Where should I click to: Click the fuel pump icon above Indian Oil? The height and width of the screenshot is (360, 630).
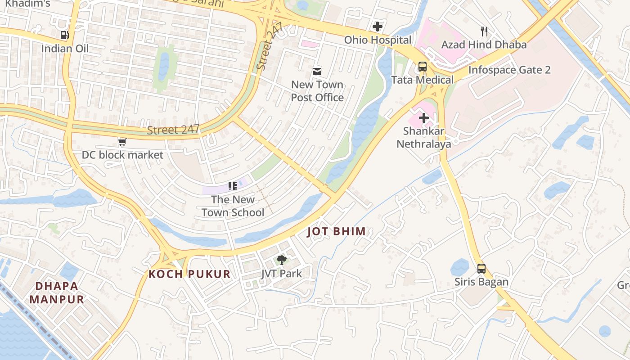pyautogui.click(x=65, y=35)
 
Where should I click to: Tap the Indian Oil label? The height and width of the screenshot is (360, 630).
pyautogui.click(x=65, y=48)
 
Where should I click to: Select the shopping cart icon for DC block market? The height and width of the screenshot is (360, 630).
pyautogui.click(x=121, y=142)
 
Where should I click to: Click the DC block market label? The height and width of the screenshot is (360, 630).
pyautogui.click(x=122, y=155)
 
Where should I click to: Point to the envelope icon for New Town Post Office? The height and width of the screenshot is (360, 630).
pyautogui.click(x=317, y=71)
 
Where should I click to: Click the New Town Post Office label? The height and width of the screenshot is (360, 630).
pyautogui.click(x=317, y=91)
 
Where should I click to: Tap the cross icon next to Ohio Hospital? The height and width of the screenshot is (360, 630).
pyautogui.click(x=378, y=27)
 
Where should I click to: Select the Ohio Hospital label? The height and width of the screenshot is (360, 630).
pyautogui.click(x=378, y=40)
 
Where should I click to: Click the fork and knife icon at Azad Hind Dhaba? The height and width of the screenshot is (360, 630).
pyautogui.click(x=484, y=31)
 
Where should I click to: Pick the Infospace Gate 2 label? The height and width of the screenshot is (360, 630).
pyautogui.click(x=509, y=70)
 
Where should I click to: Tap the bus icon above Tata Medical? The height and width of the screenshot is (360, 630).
pyautogui.click(x=422, y=67)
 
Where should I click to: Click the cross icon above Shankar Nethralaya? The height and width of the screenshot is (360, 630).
pyautogui.click(x=423, y=118)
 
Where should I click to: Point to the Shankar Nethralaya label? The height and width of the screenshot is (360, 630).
pyautogui.click(x=423, y=137)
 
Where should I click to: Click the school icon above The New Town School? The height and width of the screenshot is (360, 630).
pyautogui.click(x=232, y=186)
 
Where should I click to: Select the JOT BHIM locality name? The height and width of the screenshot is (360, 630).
pyautogui.click(x=336, y=232)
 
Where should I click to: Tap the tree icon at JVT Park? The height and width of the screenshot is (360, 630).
pyautogui.click(x=282, y=260)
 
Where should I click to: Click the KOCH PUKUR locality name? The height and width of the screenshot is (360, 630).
pyautogui.click(x=189, y=274)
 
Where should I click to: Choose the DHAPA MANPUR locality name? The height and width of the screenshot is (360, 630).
pyautogui.click(x=57, y=292)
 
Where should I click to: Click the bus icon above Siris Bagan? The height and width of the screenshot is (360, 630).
pyautogui.click(x=481, y=269)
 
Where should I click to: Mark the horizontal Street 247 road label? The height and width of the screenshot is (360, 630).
pyautogui.click(x=173, y=130)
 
